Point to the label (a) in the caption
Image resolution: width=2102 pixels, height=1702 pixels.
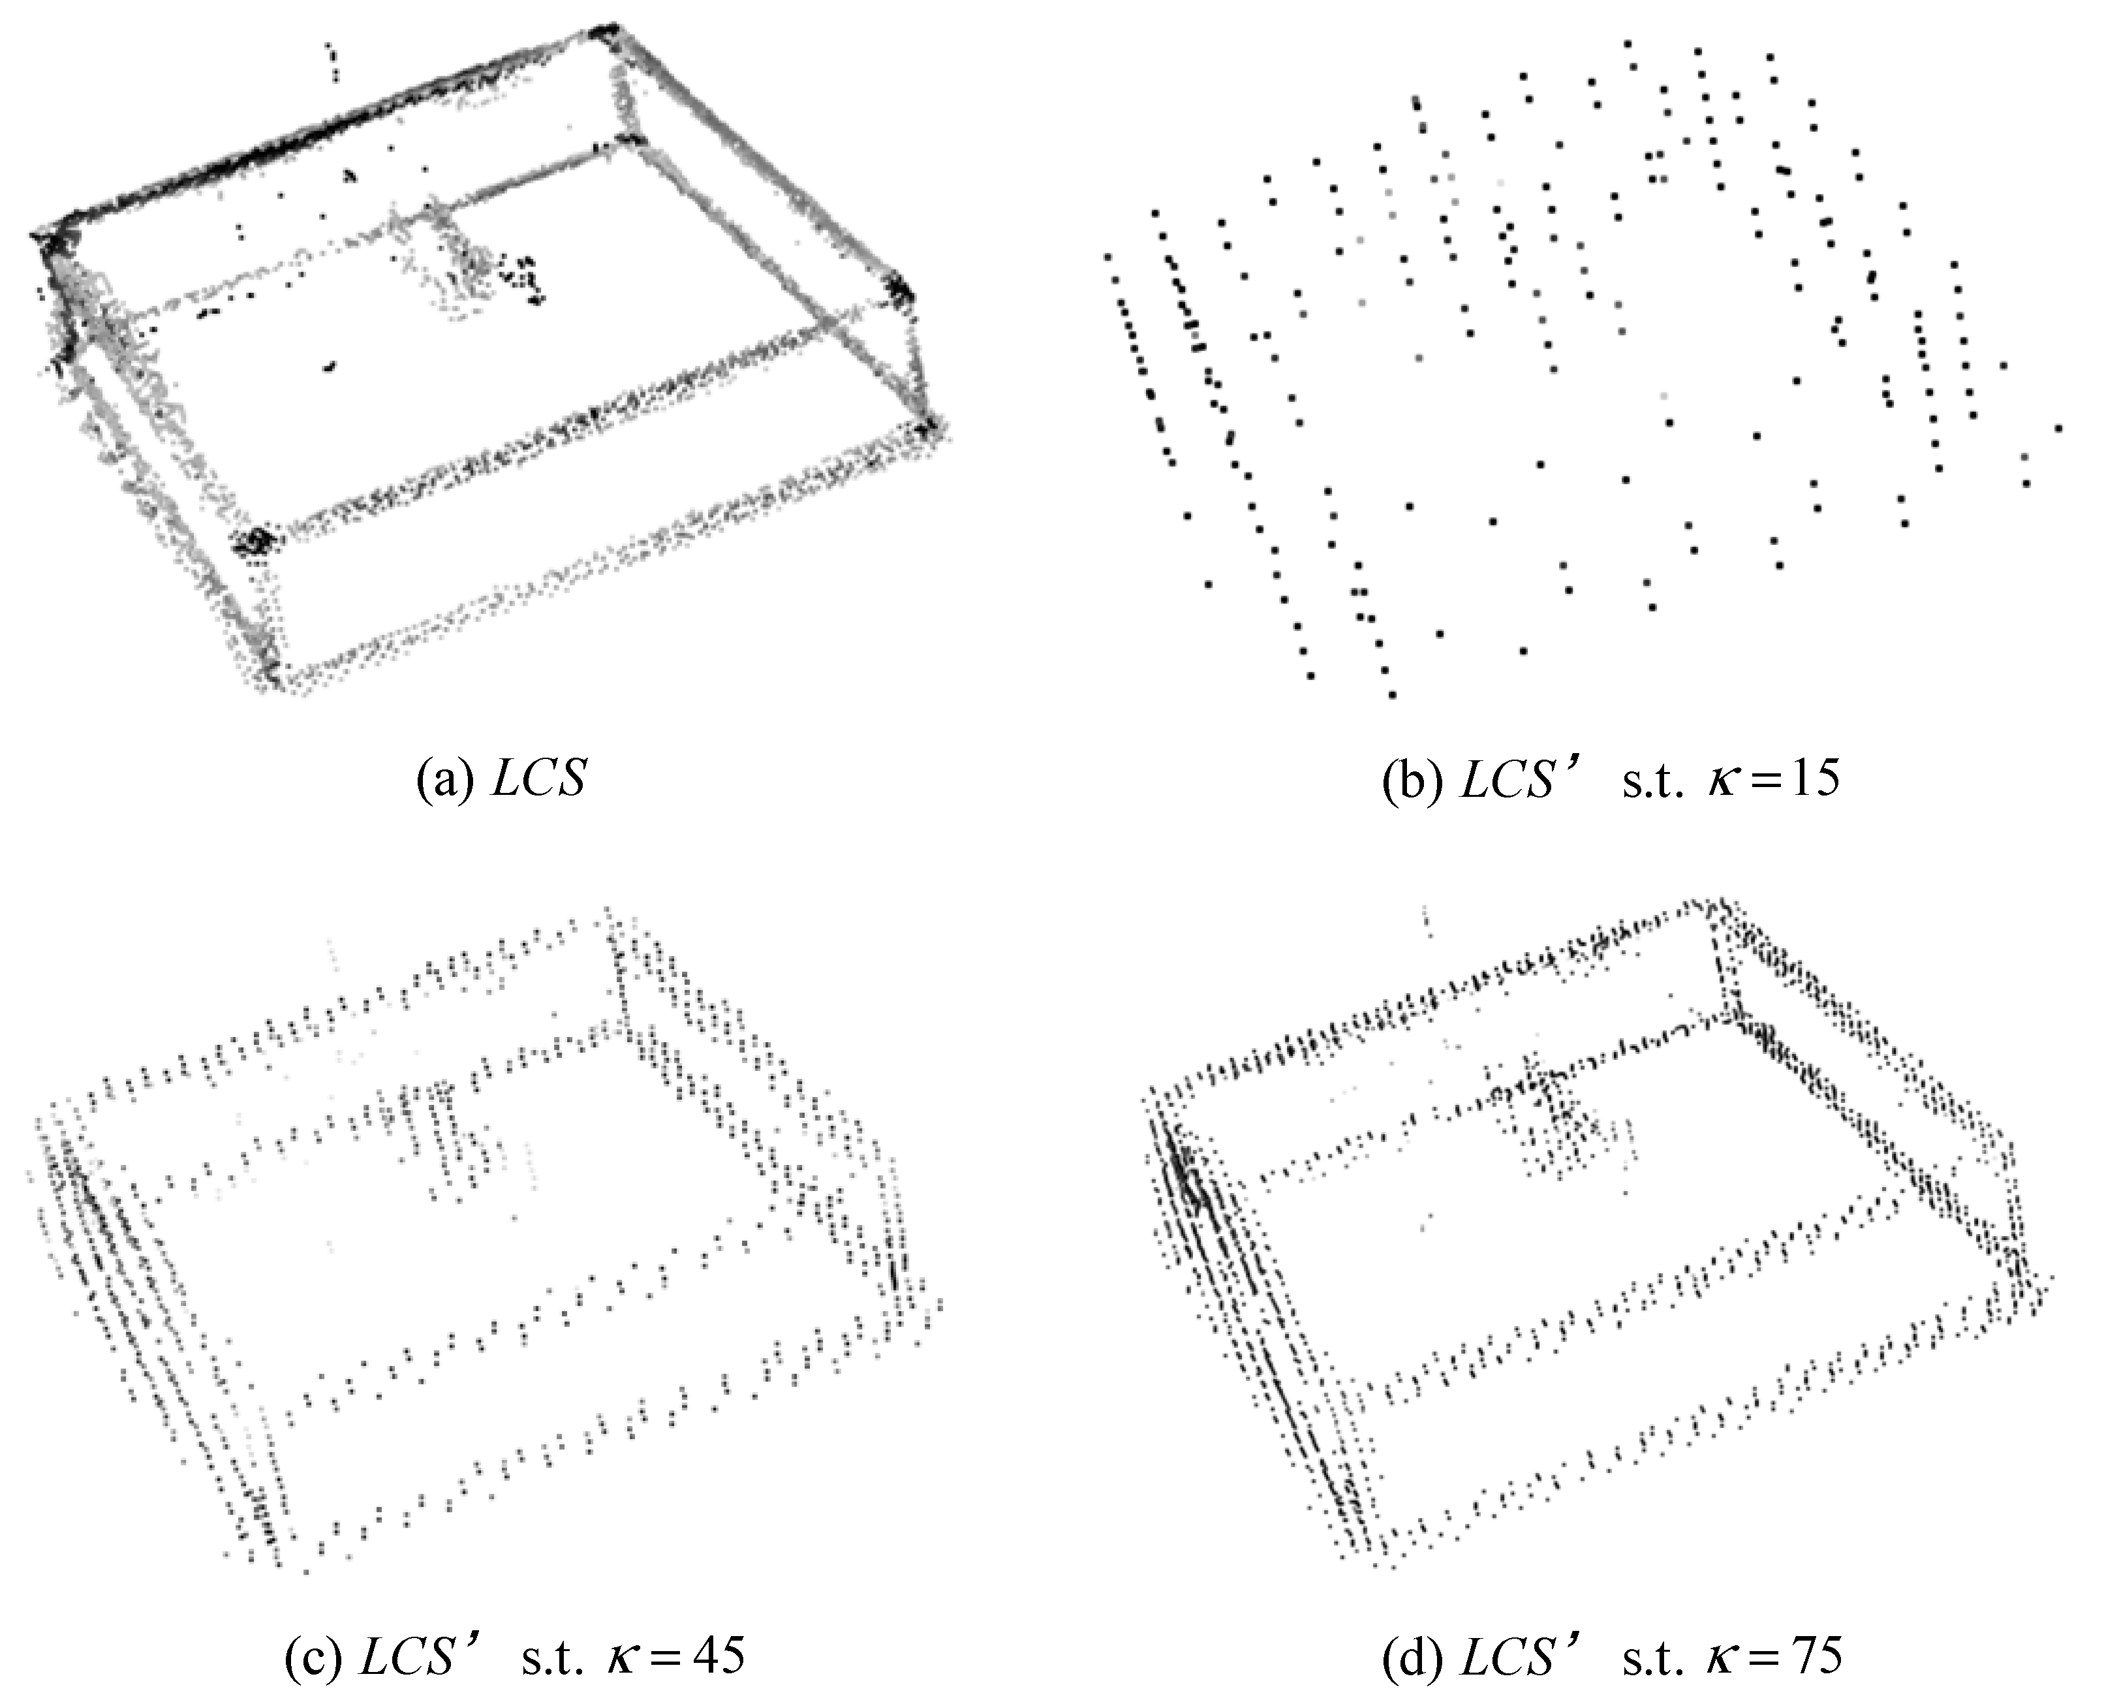coord(446,781)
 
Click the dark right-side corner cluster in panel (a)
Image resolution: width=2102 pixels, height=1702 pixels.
coord(898,288)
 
